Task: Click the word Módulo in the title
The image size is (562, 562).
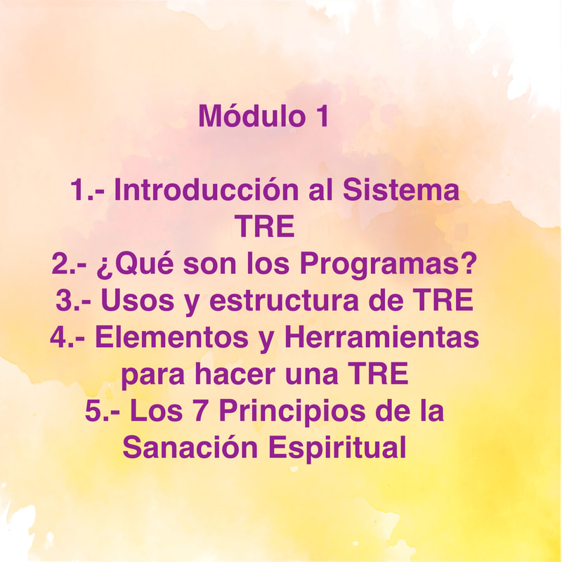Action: [x=251, y=115]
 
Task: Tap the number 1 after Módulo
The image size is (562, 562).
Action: [x=322, y=116]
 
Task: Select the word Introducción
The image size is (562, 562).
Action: [x=206, y=189]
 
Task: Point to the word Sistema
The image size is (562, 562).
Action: [x=401, y=190]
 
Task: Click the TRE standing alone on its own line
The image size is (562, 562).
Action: [x=265, y=226]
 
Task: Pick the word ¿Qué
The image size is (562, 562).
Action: [x=136, y=263]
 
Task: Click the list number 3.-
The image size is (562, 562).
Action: [x=73, y=301]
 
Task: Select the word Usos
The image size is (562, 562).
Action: [x=138, y=301]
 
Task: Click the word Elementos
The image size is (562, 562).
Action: [x=171, y=337]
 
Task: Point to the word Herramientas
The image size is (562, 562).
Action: [x=381, y=337]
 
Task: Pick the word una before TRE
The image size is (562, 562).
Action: [x=312, y=376]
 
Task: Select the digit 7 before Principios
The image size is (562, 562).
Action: [x=201, y=411]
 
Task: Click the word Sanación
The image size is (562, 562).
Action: [x=190, y=447]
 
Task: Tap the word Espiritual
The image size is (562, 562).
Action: [x=337, y=449]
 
